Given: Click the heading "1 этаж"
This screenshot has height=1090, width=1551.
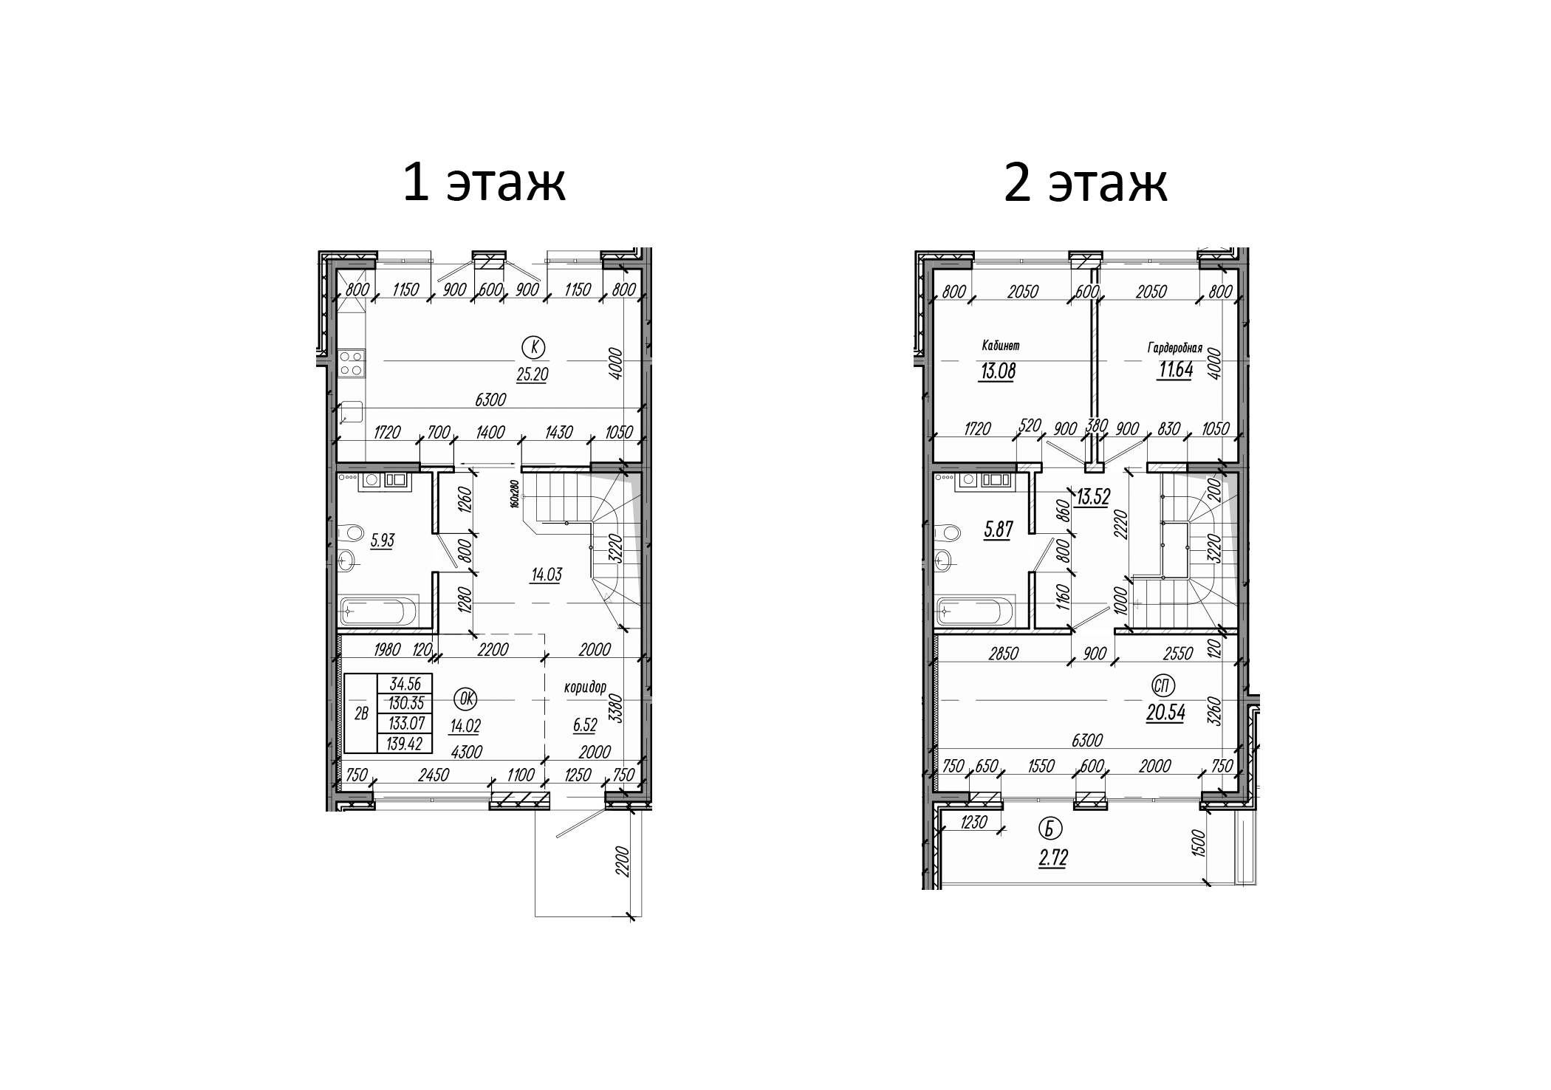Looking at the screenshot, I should (x=484, y=182).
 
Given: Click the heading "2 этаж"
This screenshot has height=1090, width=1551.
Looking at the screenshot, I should (x=1085, y=182).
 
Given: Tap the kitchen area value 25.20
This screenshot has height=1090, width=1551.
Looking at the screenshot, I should (x=532, y=374).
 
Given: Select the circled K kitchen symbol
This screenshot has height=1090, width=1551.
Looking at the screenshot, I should (x=533, y=346).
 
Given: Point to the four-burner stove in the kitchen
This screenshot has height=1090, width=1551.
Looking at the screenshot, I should (x=351, y=363).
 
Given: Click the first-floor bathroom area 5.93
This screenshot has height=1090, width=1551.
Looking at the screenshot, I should (x=382, y=541).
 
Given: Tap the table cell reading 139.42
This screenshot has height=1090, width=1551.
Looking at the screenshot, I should (x=405, y=744).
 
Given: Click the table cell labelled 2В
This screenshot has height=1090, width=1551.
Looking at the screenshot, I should (x=361, y=713).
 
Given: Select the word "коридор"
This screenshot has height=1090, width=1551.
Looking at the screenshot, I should (x=584, y=688).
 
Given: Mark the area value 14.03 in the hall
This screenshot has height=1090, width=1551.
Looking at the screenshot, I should (x=546, y=575).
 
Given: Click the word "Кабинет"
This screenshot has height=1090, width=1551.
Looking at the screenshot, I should (x=1001, y=345).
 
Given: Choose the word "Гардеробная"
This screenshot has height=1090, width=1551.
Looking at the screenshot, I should (x=1175, y=347).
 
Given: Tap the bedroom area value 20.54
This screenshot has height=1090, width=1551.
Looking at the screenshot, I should (x=1165, y=715).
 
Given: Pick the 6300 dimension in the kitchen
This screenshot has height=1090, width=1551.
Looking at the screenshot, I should (x=490, y=400).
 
